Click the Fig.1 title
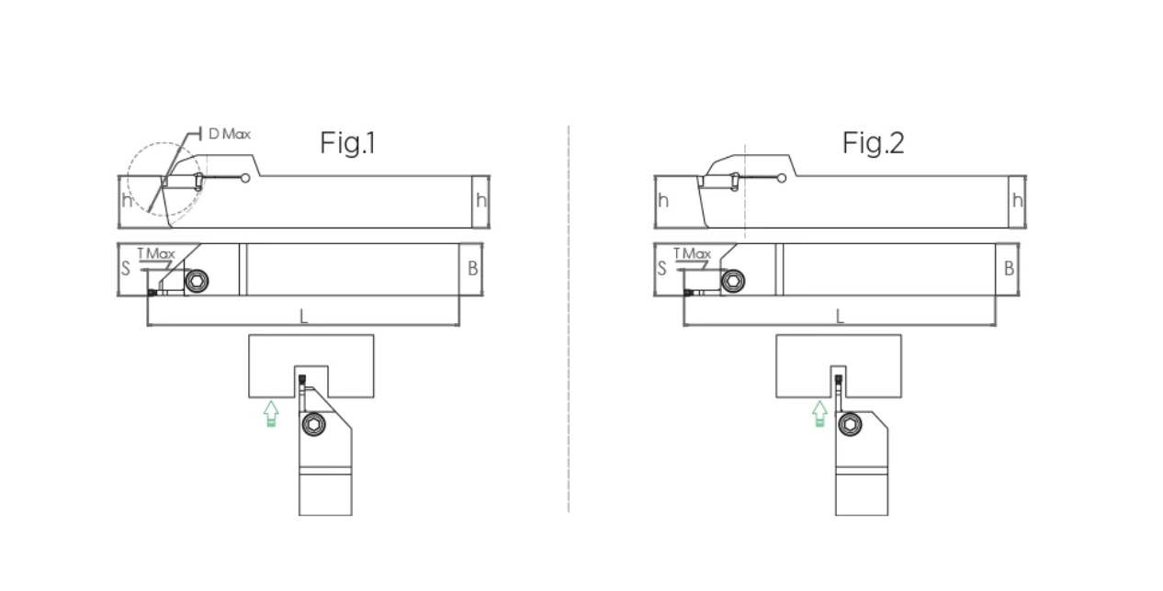click(347, 142)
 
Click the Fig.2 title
click(874, 142)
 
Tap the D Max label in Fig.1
click(230, 134)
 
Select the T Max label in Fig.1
click(156, 253)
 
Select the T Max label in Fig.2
click(692, 253)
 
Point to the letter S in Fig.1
click(125, 268)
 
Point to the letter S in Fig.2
click(661, 268)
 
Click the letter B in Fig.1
click(472, 268)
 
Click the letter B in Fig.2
click(1009, 268)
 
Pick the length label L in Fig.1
click(304, 316)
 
